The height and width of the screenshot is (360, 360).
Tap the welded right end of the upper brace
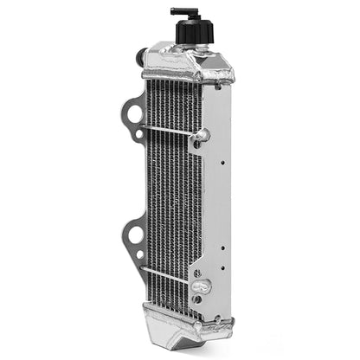(x=205, y=135)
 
